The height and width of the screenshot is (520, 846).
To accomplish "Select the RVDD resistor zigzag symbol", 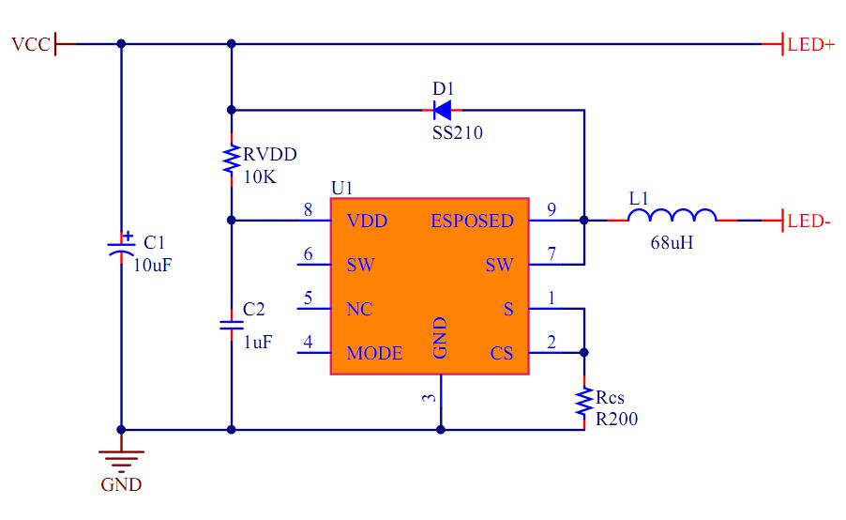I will point(231,160).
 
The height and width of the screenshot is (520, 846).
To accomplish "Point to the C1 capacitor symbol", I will point(121,248).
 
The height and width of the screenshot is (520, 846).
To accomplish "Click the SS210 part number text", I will point(458,133).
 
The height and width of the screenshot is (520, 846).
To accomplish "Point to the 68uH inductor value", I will point(672,243).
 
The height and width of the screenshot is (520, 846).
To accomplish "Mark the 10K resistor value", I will point(259,176).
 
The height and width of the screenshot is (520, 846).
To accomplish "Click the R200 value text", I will point(616,420).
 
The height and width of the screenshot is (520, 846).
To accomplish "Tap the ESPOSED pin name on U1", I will point(472,222).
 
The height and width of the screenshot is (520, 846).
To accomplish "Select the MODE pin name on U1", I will point(374,354).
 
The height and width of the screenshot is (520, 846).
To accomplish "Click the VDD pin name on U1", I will point(367,222).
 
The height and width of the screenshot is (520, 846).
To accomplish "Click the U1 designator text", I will point(342,188).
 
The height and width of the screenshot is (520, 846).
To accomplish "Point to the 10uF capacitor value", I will point(153,265).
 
